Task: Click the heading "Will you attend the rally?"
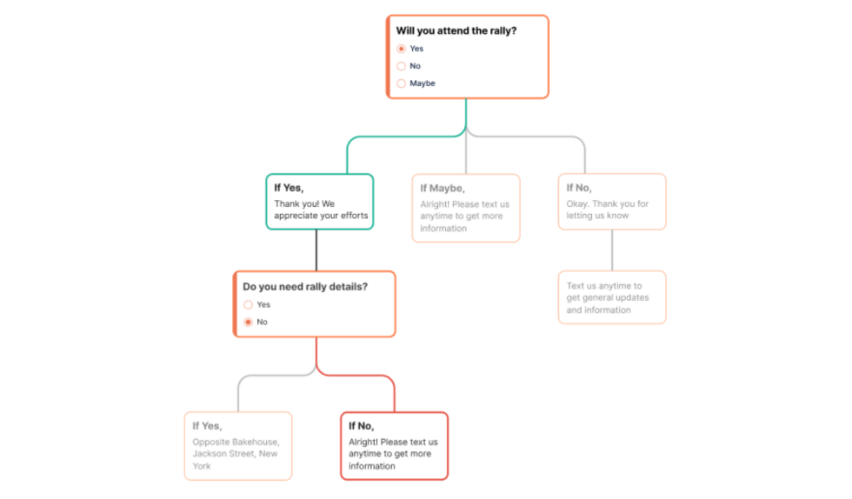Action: (456, 31)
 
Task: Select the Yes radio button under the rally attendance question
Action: (401, 49)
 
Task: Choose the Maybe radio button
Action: (401, 83)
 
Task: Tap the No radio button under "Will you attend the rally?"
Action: (401, 66)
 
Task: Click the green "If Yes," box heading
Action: (289, 188)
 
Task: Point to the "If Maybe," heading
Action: (443, 189)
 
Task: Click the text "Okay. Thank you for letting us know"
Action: (607, 210)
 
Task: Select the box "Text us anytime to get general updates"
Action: (612, 297)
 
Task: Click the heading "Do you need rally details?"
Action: (305, 287)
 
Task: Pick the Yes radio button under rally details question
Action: (249, 305)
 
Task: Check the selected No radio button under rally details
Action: (249, 323)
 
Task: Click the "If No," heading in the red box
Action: (361, 426)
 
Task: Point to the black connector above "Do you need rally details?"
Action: (316, 250)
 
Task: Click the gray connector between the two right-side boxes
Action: (612, 250)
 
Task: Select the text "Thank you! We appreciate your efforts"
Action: (321, 210)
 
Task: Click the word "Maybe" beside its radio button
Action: (423, 83)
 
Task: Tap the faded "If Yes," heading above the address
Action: (207, 426)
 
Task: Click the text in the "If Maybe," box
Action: (464, 216)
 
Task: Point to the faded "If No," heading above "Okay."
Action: (579, 188)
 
